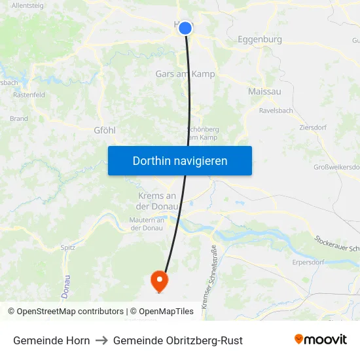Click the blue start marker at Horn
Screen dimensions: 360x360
[x=185, y=28]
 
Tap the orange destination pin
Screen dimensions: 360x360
[x=159, y=281]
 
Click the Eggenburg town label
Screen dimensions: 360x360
[x=260, y=39]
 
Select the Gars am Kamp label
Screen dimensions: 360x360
[x=185, y=74]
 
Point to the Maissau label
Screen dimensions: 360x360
[x=264, y=92]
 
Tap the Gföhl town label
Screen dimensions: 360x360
[x=105, y=130]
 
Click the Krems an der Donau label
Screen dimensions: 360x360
[x=157, y=201]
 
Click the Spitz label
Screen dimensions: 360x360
[x=68, y=247]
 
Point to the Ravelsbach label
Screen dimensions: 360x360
[x=276, y=111]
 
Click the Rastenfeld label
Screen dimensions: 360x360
[x=29, y=95]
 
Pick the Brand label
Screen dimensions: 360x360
[x=19, y=119]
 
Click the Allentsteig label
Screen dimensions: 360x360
[x=27, y=5]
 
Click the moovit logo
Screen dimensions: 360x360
[x=321, y=340]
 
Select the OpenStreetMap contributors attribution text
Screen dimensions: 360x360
[x=69, y=312]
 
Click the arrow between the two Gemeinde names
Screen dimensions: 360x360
[x=101, y=340]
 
